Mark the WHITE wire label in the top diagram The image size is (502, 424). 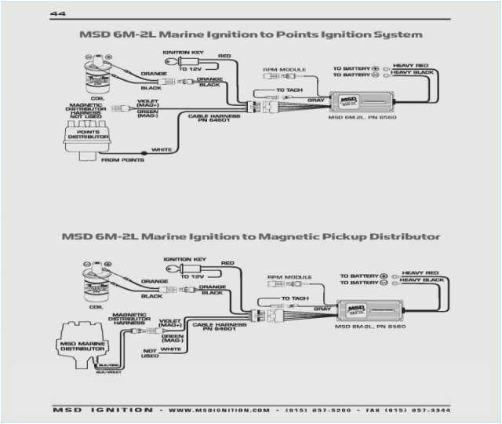[162, 150]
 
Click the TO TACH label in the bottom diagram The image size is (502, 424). [295, 298]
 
